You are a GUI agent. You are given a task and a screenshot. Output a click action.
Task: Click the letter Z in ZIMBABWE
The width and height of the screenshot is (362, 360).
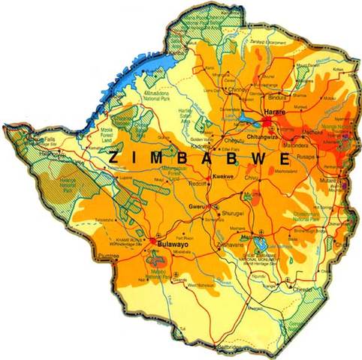[x=112, y=158]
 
